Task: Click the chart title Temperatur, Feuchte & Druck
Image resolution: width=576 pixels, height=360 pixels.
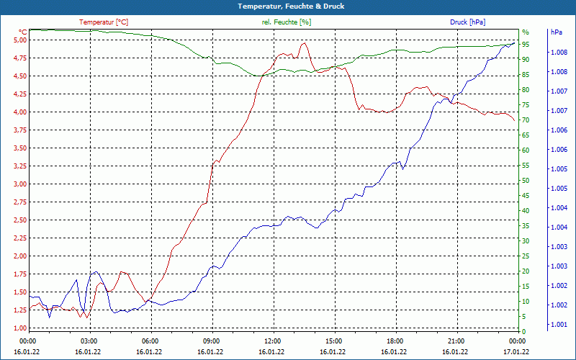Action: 287,6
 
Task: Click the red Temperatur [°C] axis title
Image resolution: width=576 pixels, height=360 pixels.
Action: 104,22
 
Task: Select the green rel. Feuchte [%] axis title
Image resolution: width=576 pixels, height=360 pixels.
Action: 287,22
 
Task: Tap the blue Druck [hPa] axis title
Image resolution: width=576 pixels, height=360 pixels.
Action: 467,22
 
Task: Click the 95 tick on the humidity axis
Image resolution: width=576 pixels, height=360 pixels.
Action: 526,44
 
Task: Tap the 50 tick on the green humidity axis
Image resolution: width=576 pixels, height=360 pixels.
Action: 526,180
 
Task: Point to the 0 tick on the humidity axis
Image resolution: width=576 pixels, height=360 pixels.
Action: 523,331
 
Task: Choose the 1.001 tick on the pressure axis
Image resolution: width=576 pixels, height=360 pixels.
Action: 559,325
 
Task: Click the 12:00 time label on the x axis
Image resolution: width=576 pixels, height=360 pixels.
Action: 272,341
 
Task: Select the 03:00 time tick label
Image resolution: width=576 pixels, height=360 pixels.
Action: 89,341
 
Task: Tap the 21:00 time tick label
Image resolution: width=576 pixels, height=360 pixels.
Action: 456,341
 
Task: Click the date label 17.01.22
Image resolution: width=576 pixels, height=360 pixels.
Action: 517,351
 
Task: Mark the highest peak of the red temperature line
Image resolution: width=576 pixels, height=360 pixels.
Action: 304,43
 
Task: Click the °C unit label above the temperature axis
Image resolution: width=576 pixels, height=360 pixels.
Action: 23,32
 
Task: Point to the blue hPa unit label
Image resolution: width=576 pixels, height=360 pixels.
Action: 556,32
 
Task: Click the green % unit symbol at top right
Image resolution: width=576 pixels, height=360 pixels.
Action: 526,32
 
